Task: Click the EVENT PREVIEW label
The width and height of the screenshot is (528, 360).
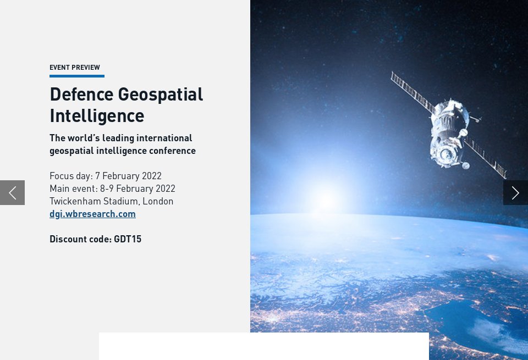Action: [x=75, y=68]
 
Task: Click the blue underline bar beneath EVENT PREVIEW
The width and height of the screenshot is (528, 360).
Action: [x=77, y=76]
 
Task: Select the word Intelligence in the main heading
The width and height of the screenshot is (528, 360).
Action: [x=97, y=115]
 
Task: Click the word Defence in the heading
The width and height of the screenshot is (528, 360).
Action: [x=81, y=94]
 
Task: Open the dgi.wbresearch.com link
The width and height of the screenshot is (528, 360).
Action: [x=92, y=214]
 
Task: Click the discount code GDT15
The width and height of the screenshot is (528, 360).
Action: [x=128, y=239]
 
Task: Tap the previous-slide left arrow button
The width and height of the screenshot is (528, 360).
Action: [x=12, y=192]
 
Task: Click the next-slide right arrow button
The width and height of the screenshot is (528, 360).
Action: [x=515, y=192]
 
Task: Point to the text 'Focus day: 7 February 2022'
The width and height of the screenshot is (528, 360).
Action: [x=106, y=176]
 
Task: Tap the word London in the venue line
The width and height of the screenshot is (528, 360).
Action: [x=158, y=201]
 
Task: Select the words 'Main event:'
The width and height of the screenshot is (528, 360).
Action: [x=73, y=189]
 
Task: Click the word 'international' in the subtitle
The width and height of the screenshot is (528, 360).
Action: [x=164, y=138]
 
